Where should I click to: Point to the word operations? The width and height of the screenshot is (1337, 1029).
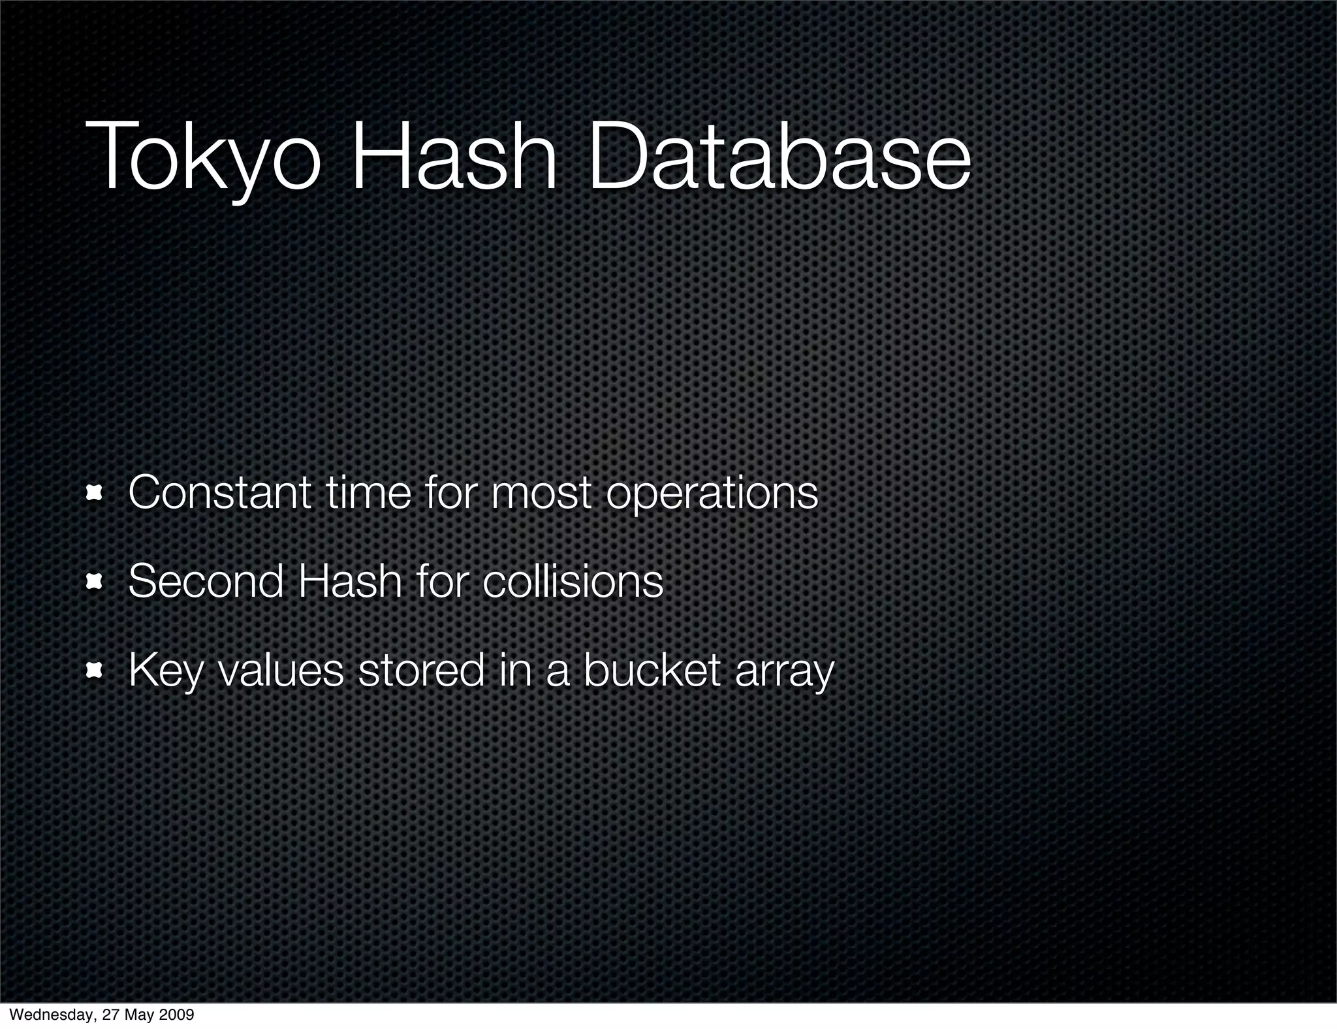pos(712,494)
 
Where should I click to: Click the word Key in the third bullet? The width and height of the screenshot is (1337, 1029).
pos(166,671)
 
